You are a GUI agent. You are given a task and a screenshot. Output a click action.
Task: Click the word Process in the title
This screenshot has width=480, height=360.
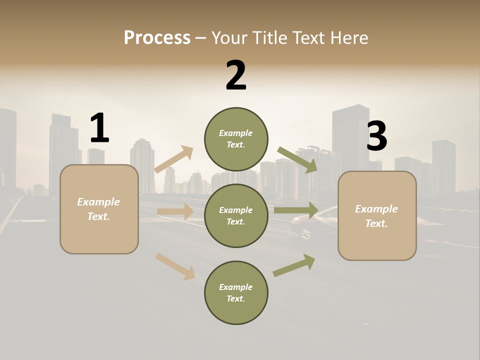pyautogui.click(x=157, y=37)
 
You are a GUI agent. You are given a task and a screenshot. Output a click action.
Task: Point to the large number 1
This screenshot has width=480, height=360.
pyautogui.click(x=99, y=128)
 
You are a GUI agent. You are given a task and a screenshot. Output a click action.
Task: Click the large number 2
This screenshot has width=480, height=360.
pyautogui.click(x=236, y=75)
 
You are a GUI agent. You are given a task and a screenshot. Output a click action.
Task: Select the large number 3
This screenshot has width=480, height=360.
pyautogui.click(x=376, y=136)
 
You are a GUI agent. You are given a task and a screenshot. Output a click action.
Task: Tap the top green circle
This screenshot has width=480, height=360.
pyautogui.click(x=236, y=138)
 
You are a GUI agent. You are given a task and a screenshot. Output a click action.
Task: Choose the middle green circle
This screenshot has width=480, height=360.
pyautogui.click(x=236, y=215)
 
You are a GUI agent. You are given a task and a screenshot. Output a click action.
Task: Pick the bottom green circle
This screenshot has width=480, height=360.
pyautogui.click(x=236, y=292)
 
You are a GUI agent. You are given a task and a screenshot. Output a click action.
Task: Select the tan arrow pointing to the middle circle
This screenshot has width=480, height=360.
pyautogui.click(x=175, y=211)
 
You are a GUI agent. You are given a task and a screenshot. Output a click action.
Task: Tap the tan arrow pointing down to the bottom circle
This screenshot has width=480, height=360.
pyautogui.click(x=175, y=266)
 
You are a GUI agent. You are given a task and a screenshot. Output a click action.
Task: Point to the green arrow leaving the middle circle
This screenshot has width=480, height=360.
pyautogui.click(x=295, y=210)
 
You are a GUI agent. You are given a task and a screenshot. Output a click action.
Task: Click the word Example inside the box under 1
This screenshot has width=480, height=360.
pyautogui.click(x=98, y=202)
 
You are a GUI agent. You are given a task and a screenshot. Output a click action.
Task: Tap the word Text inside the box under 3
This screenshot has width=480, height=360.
pyautogui.click(x=376, y=223)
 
